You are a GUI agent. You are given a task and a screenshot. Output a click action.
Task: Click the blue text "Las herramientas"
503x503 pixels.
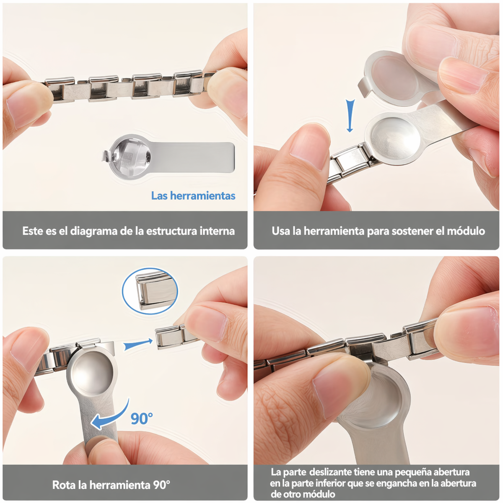(x=193, y=196)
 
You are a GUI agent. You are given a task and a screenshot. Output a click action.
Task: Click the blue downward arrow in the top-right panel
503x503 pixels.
(x=350, y=116)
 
